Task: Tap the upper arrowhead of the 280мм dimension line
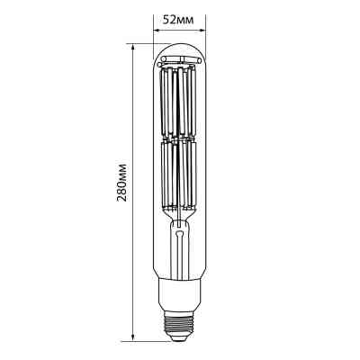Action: (x=132, y=46)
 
